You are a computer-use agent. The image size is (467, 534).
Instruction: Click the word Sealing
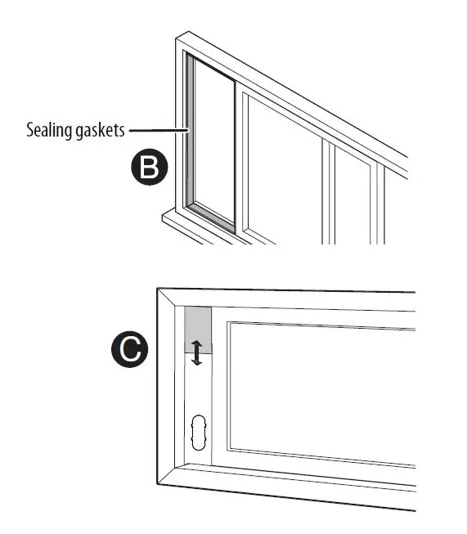coord(49,131)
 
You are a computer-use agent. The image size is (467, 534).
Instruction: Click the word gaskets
coord(100,131)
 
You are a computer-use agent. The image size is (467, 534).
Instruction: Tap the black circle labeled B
coord(149,167)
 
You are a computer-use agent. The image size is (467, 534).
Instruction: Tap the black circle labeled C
coord(130,349)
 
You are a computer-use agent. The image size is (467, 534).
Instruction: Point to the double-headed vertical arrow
coord(196,352)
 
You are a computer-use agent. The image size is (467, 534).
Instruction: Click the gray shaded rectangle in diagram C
coord(198,330)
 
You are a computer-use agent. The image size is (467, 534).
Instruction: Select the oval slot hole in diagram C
coord(199,432)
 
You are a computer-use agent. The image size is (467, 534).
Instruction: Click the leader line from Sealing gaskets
coord(159,130)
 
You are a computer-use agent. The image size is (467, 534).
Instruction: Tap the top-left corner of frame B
coord(176,38)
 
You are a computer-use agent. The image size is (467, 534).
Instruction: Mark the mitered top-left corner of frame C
coord(158,289)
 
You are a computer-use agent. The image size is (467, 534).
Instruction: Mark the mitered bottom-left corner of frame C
coord(158,483)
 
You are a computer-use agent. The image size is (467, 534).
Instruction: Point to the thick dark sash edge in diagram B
coord(235,157)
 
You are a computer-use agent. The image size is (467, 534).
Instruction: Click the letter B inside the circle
coord(149,167)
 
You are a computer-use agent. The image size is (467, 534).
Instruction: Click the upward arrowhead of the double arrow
coord(196,343)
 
